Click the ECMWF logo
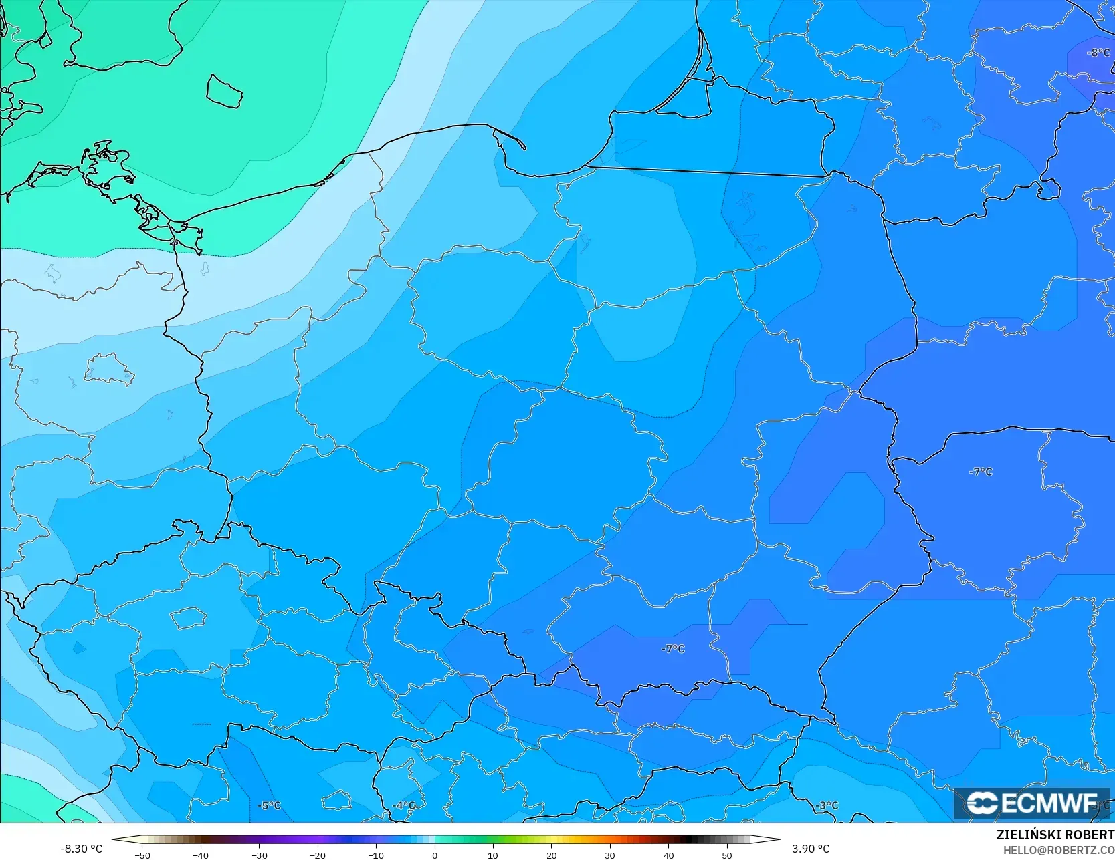point(1031,803)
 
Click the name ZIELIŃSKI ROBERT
point(1055,835)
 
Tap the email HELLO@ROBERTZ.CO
point(1058,850)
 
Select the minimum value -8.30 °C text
point(81,849)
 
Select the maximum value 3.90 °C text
point(811,849)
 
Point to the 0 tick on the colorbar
point(435,855)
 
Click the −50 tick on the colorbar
point(142,855)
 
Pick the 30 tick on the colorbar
point(610,855)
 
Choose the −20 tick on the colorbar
point(318,855)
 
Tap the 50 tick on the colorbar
point(727,855)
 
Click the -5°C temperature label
point(269,805)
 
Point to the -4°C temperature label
point(403,805)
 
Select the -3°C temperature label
point(827,805)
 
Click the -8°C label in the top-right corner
point(1098,53)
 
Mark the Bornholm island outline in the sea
point(224,91)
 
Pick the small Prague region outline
point(189,617)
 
